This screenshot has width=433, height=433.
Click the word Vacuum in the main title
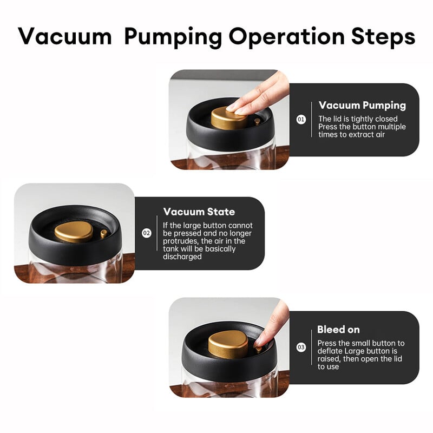[65, 36]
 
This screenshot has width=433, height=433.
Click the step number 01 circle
[301, 120]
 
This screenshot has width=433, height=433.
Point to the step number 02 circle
[147, 233]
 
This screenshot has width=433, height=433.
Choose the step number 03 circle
[301, 347]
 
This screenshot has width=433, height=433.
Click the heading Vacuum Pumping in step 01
[362, 106]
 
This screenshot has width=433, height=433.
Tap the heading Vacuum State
[199, 212]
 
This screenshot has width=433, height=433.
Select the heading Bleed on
[339, 330]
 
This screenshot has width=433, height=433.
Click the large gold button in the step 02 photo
[74, 232]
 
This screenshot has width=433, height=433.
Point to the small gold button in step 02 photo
[104, 234]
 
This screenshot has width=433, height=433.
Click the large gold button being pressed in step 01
[228, 119]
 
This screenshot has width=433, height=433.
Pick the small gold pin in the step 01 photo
[257, 122]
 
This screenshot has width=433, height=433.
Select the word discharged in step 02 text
[182, 257]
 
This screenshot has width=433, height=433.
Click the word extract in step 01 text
[357, 135]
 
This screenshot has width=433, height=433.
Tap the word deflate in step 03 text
[330, 351]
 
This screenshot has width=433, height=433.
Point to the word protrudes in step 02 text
[181, 241]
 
